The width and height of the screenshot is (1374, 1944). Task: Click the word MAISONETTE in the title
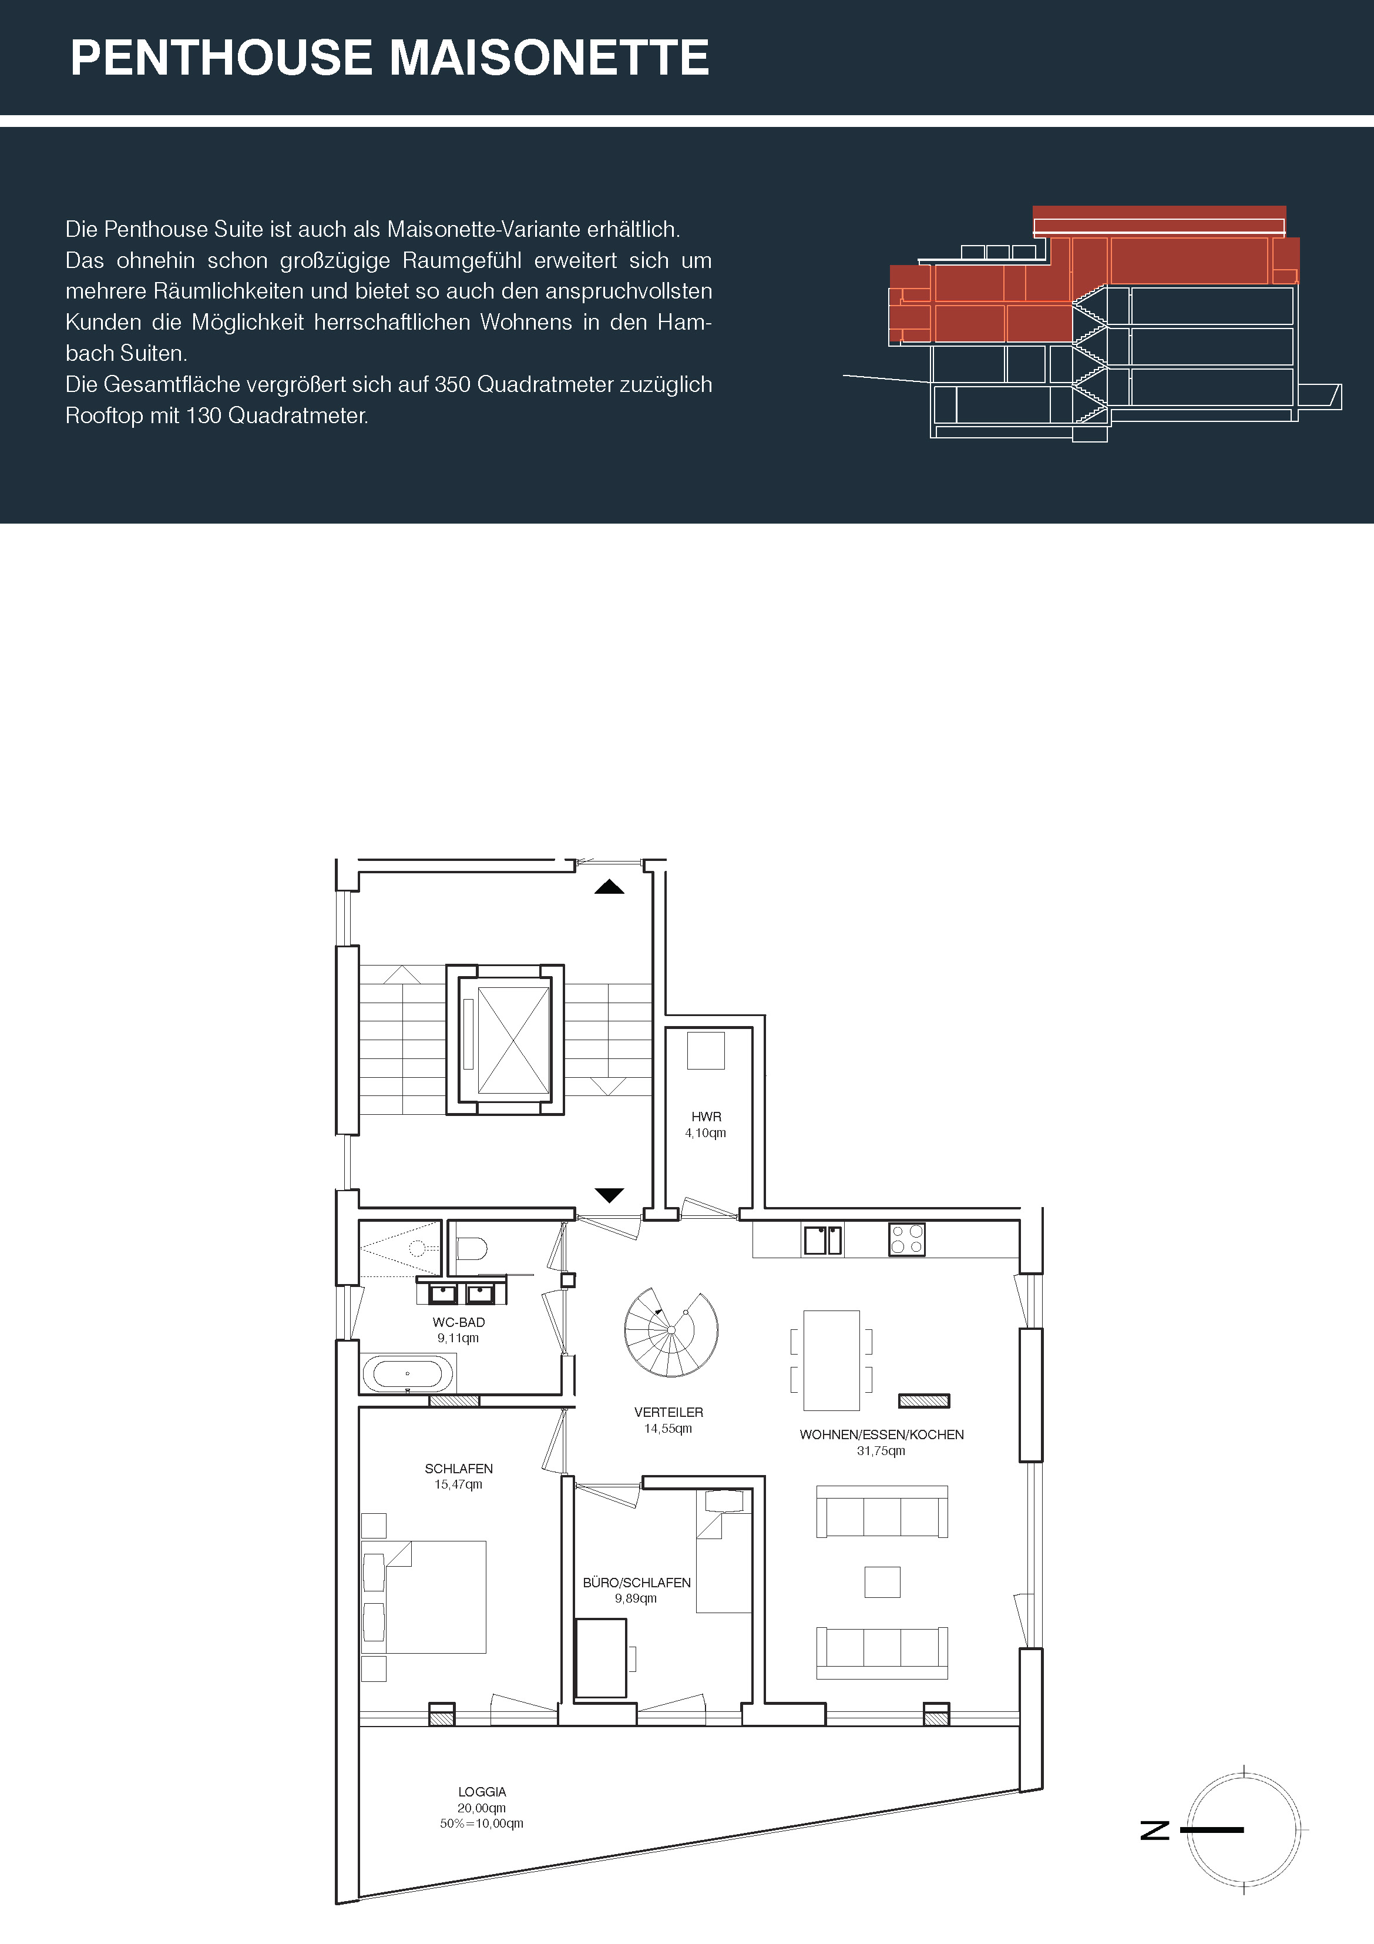click(549, 58)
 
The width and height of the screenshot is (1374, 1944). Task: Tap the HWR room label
click(706, 1117)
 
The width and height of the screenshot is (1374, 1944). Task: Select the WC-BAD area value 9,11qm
click(458, 1338)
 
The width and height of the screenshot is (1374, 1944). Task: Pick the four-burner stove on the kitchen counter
click(906, 1239)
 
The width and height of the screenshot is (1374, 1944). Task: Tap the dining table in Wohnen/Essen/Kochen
click(831, 1360)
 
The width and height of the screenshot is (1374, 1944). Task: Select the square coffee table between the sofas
click(882, 1581)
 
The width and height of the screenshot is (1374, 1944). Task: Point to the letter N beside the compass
click(1155, 1829)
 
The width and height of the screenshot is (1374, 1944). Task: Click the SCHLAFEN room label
click(459, 1468)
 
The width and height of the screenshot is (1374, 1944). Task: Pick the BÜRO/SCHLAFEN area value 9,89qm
click(636, 1598)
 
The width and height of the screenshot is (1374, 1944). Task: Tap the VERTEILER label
click(669, 1412)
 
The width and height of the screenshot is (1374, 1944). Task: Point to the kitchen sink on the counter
click(823, 1239)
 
